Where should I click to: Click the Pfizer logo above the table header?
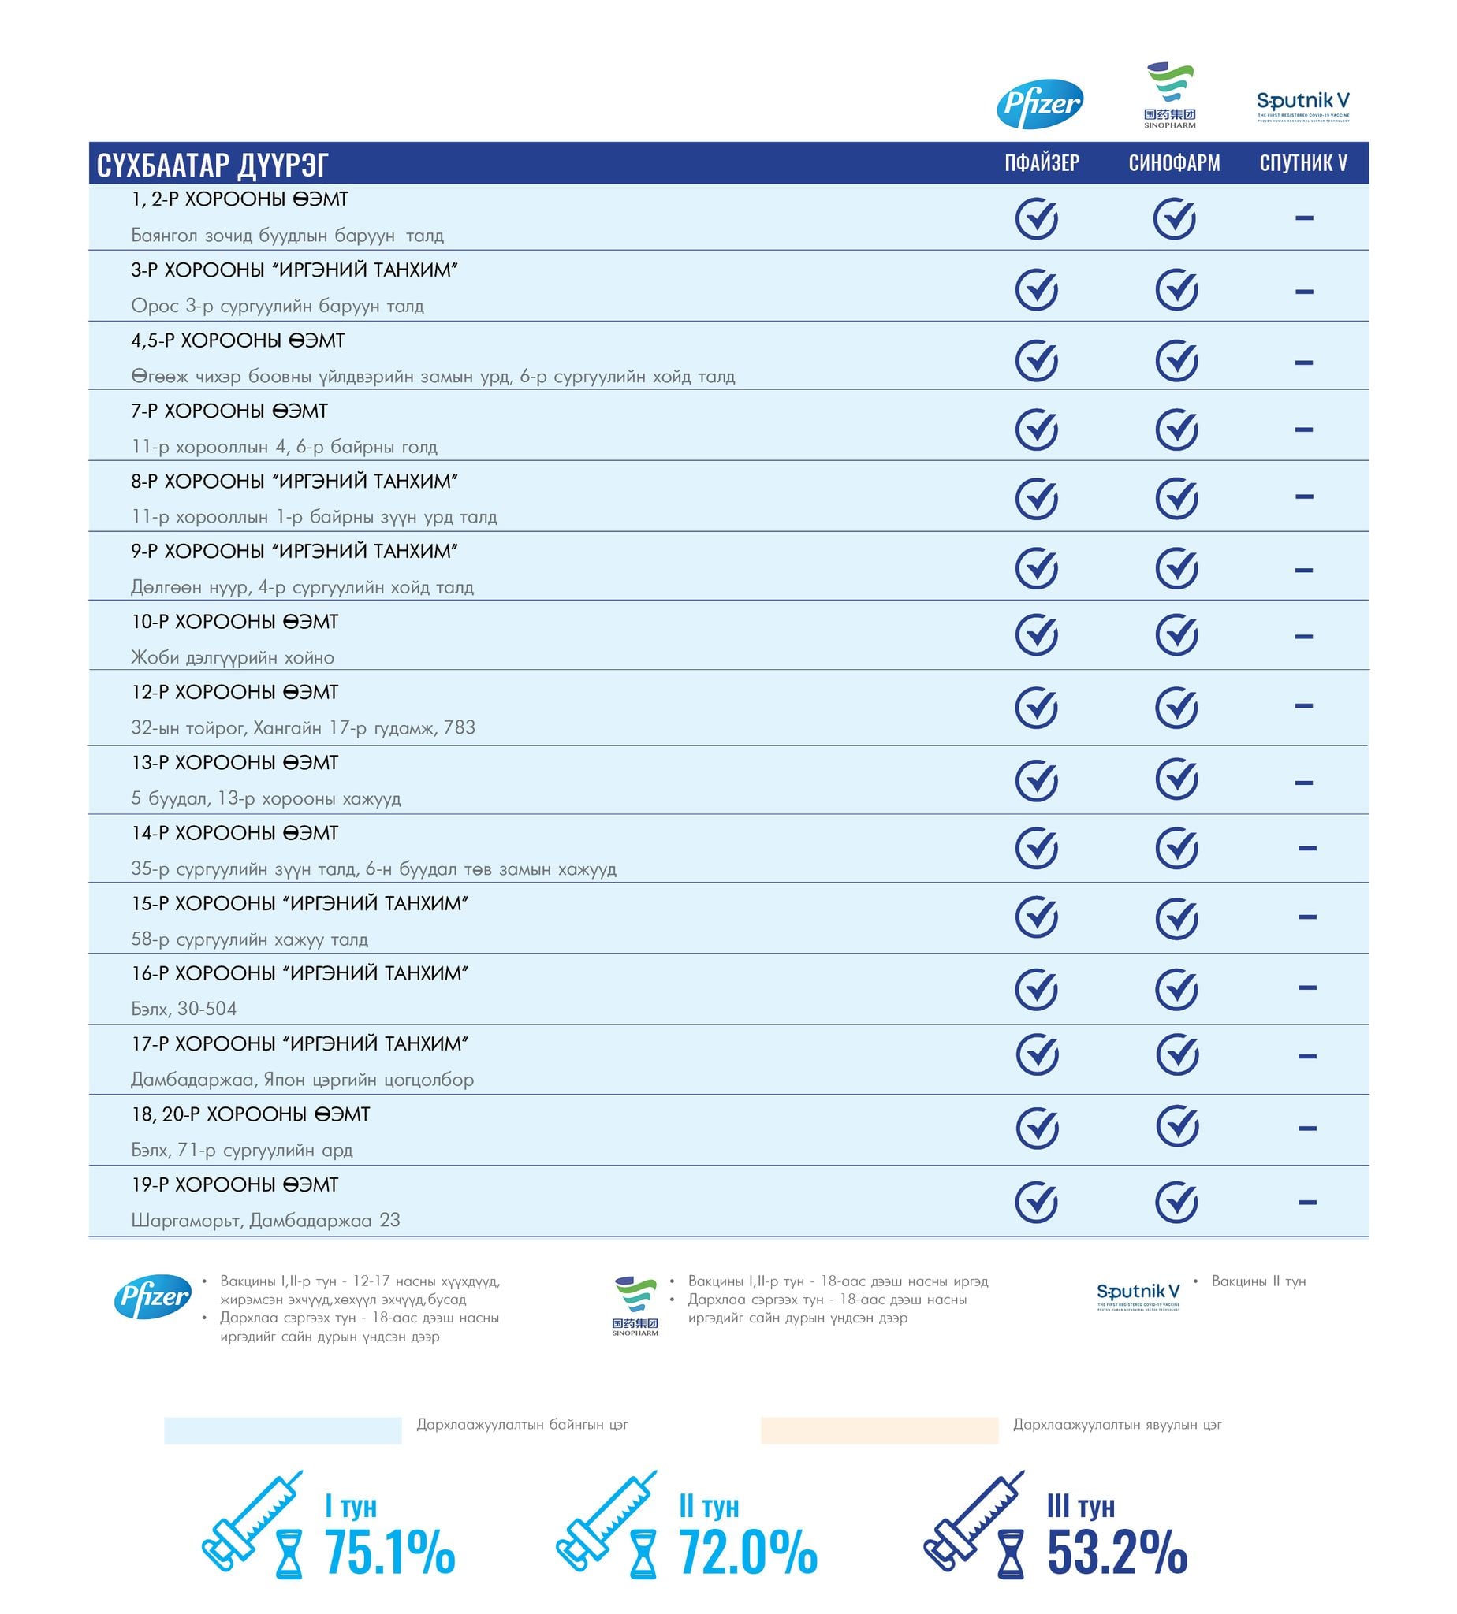click(x=1039, y=103)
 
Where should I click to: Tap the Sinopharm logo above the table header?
click(x=1169, y=95)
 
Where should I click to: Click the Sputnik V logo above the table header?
click(x=1302, y=104)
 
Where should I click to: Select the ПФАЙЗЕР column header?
click(x=1042, y=163)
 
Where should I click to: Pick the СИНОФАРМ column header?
click(x=1175, y=163)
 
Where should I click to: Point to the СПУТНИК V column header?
click(x=1303, y=163)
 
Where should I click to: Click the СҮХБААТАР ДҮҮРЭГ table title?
click(x=212, y=165)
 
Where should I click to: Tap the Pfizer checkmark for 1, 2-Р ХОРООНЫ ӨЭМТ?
click(x=1037, y=218)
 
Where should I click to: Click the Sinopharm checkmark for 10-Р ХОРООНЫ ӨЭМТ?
click(x=1176, y=635)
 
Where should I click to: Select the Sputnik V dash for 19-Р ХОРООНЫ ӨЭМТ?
click(x=1307, y=1202)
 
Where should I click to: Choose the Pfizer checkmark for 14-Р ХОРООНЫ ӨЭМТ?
click(x=1037, y=848)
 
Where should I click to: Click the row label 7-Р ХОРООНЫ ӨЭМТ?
click(x=229, y=411)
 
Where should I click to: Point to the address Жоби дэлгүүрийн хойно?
click(x=233, y=658)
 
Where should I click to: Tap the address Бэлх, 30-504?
click(x=184, y=1009)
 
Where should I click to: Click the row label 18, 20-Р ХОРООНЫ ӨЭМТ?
click(x=251, y=1114)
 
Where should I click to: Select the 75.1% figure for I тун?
click(x=389, y=1553)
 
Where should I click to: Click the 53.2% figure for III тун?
click(x=1116, y=1553)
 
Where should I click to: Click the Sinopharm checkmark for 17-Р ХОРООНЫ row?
click(x=1177, y=1054)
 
